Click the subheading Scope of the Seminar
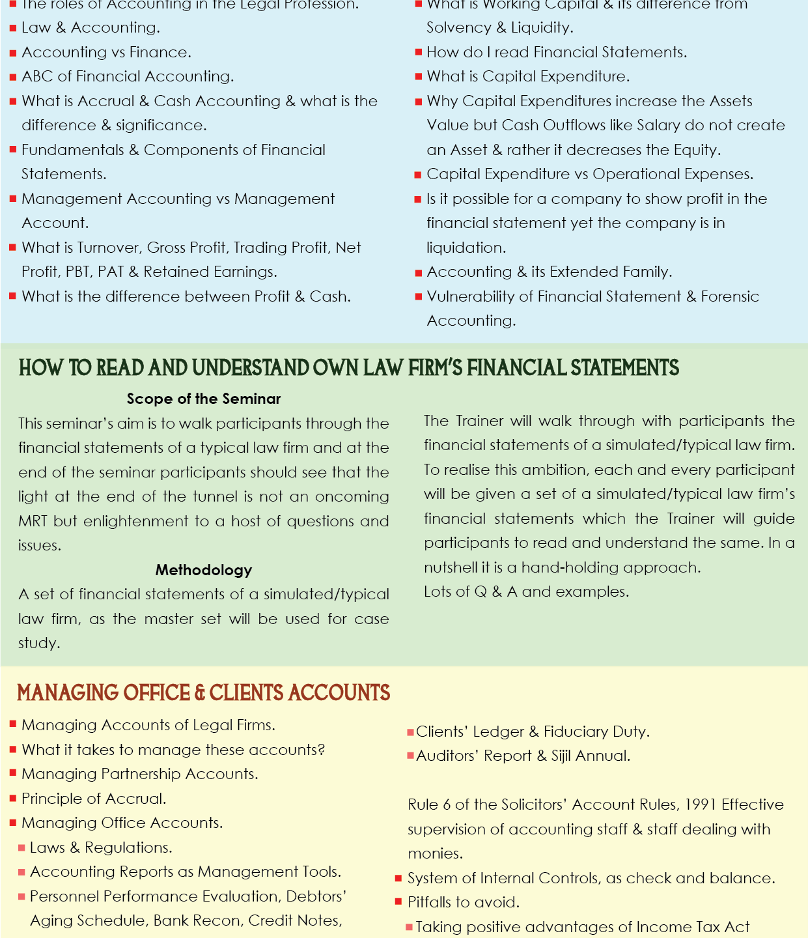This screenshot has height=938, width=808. [204, 399]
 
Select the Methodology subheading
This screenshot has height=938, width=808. [204, 570]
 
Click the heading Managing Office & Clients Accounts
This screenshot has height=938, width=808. [204, 692]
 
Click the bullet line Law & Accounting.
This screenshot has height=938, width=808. [91, 27]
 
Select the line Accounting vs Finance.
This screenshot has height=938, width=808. [106, 52]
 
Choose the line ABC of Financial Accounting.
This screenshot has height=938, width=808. [128, 76]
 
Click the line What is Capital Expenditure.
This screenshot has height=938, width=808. [528, 76]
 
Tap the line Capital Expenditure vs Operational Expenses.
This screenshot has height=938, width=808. [590, 174]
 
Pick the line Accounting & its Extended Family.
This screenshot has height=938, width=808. [550, 272]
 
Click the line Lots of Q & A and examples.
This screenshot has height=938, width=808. [526, 591]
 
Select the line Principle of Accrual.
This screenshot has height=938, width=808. [94, 799]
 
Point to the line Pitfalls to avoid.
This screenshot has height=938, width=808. [464, 902]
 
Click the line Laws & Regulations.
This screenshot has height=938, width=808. [101, 847]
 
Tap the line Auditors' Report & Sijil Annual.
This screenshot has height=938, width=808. [523, 756]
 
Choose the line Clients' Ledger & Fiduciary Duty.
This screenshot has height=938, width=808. [533, 732]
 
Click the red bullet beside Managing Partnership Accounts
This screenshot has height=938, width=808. [13, 773]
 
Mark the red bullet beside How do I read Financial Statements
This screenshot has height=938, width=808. [419, 52]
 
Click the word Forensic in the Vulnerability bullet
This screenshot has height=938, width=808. [730, 296]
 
